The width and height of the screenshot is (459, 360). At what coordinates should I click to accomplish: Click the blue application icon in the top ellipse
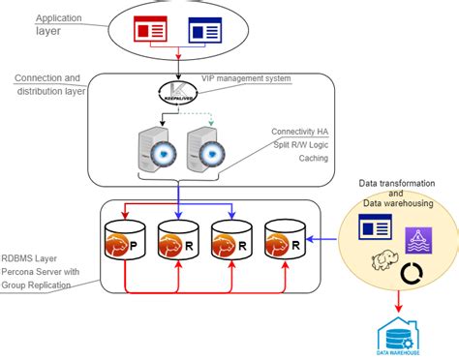(x=203, y=31)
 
